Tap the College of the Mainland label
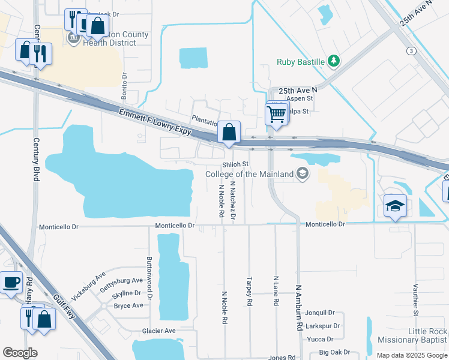[250, 174]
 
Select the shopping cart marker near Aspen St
[276, 113]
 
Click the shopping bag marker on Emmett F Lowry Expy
[229, 133]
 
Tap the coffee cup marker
[11, 282]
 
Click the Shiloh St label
[235, 164]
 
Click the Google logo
[20, 353]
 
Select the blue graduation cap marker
[396, 206]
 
